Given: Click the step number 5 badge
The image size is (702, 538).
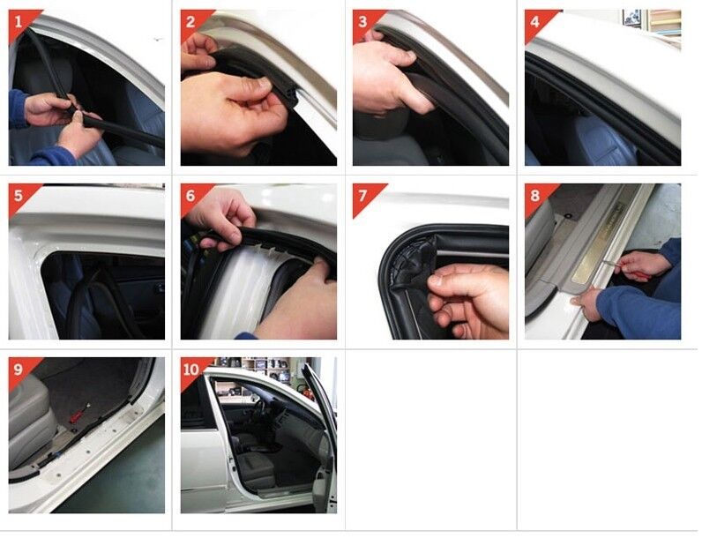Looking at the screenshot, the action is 19,196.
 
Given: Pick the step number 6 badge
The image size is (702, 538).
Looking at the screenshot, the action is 191,196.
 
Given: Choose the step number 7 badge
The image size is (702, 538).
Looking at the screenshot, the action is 363,196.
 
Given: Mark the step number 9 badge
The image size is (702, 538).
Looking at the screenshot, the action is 19,370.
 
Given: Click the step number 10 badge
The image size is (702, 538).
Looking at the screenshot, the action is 191,370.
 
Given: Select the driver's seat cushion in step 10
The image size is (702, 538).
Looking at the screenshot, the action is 256,467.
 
